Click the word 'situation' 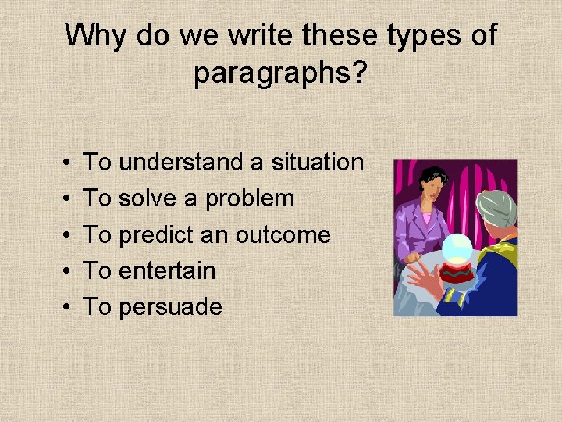[x=317, y=163]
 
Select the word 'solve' [x=148, y=198]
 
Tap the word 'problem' [x=249, y=198]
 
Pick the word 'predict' [x=158, y=234]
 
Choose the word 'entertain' [x=166, y=270]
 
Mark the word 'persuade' [x=169, y=306]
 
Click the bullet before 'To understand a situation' [x=62, y=163]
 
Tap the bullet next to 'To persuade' [x=62, y=306]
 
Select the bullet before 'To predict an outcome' [x=62, y=234]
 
